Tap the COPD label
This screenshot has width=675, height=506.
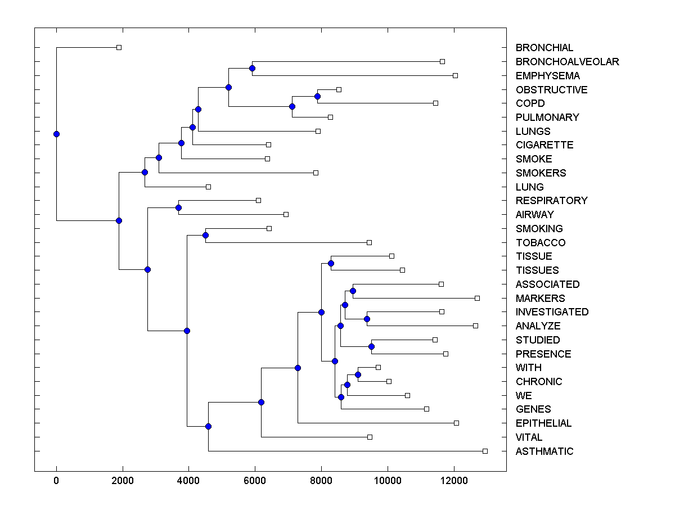pyautogui.click(x=530, y=103)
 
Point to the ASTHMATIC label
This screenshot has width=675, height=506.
pyautogui.click(x=544, y=451)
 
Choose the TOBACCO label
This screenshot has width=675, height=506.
pyautogui.click(x=541, y=243)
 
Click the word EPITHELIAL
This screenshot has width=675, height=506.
pyautogui.click(x=543, y=423)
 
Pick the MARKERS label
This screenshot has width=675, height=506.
pyautogui.click(x=540, y=299)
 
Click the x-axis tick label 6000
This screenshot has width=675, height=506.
pyautogui.click(x=255, y=480)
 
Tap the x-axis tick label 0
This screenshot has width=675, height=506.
pyautogui.click(x=56, y=480)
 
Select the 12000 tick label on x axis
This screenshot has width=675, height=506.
pyautogui.click(x=453, y=480)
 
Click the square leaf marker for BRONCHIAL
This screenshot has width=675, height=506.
pyautogui.click(x=119, y=47)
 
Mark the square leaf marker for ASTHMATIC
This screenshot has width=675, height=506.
pyautogui.click(x=485, y=451)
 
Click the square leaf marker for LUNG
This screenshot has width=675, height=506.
pyautogui.click(x=208, y=187)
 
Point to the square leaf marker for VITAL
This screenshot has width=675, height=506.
pyautogui.click(x=370, y=437)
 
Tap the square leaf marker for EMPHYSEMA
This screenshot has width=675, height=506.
pyautogui.click(x=455, y=75)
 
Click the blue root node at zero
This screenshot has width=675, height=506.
pyautogui.click(x=56, y=134)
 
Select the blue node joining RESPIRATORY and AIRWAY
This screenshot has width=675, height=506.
pyautogui.click(x=178, y=207)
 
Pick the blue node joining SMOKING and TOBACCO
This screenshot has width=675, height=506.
pyautogui.click(x=205, y=235)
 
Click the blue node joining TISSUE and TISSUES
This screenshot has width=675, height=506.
pyautogui.click(x=331, y=263)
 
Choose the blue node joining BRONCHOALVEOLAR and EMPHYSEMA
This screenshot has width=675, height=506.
pyautogui.click(x=252, y=68)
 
